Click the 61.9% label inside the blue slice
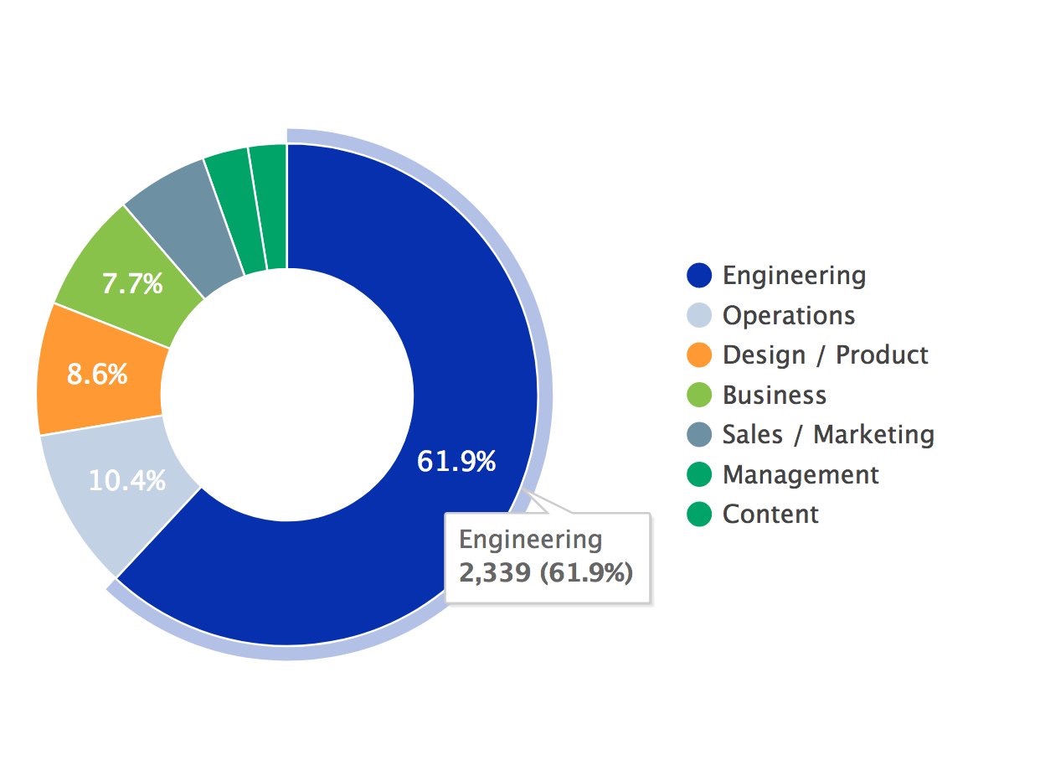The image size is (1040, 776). [x=456, y=461]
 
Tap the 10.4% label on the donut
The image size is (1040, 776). [x=126, y=481]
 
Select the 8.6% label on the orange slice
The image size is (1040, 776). [x=97, y=374]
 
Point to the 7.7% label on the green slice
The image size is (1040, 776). [x=131, y=285]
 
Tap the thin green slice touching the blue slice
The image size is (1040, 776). [x=269, y=206]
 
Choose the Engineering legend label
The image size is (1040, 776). [x=794, y=275]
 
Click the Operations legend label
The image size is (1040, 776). [x=789, y=315]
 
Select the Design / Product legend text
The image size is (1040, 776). [x=825, y=354]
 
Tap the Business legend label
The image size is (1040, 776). [x=774, y=395]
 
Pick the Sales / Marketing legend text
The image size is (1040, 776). [x=828, y=434]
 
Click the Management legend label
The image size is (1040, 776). [x=801, y=474]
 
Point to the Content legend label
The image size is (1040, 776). [x=770, y=514]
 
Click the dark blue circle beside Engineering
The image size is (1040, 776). [x=698, y=275]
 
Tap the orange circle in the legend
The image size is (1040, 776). [x=698, y=354]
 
